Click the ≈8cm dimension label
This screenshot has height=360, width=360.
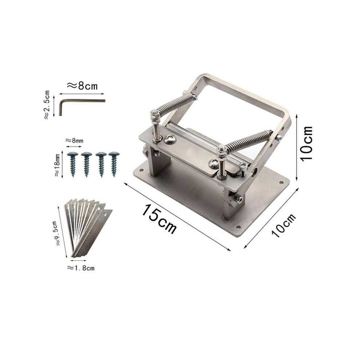point(82,86)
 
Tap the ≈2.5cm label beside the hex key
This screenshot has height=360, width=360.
point(47,105)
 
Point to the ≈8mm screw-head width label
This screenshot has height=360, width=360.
point(74,140)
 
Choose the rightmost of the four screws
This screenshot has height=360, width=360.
point(114,164)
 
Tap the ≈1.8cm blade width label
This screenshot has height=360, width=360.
point(81,268)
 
